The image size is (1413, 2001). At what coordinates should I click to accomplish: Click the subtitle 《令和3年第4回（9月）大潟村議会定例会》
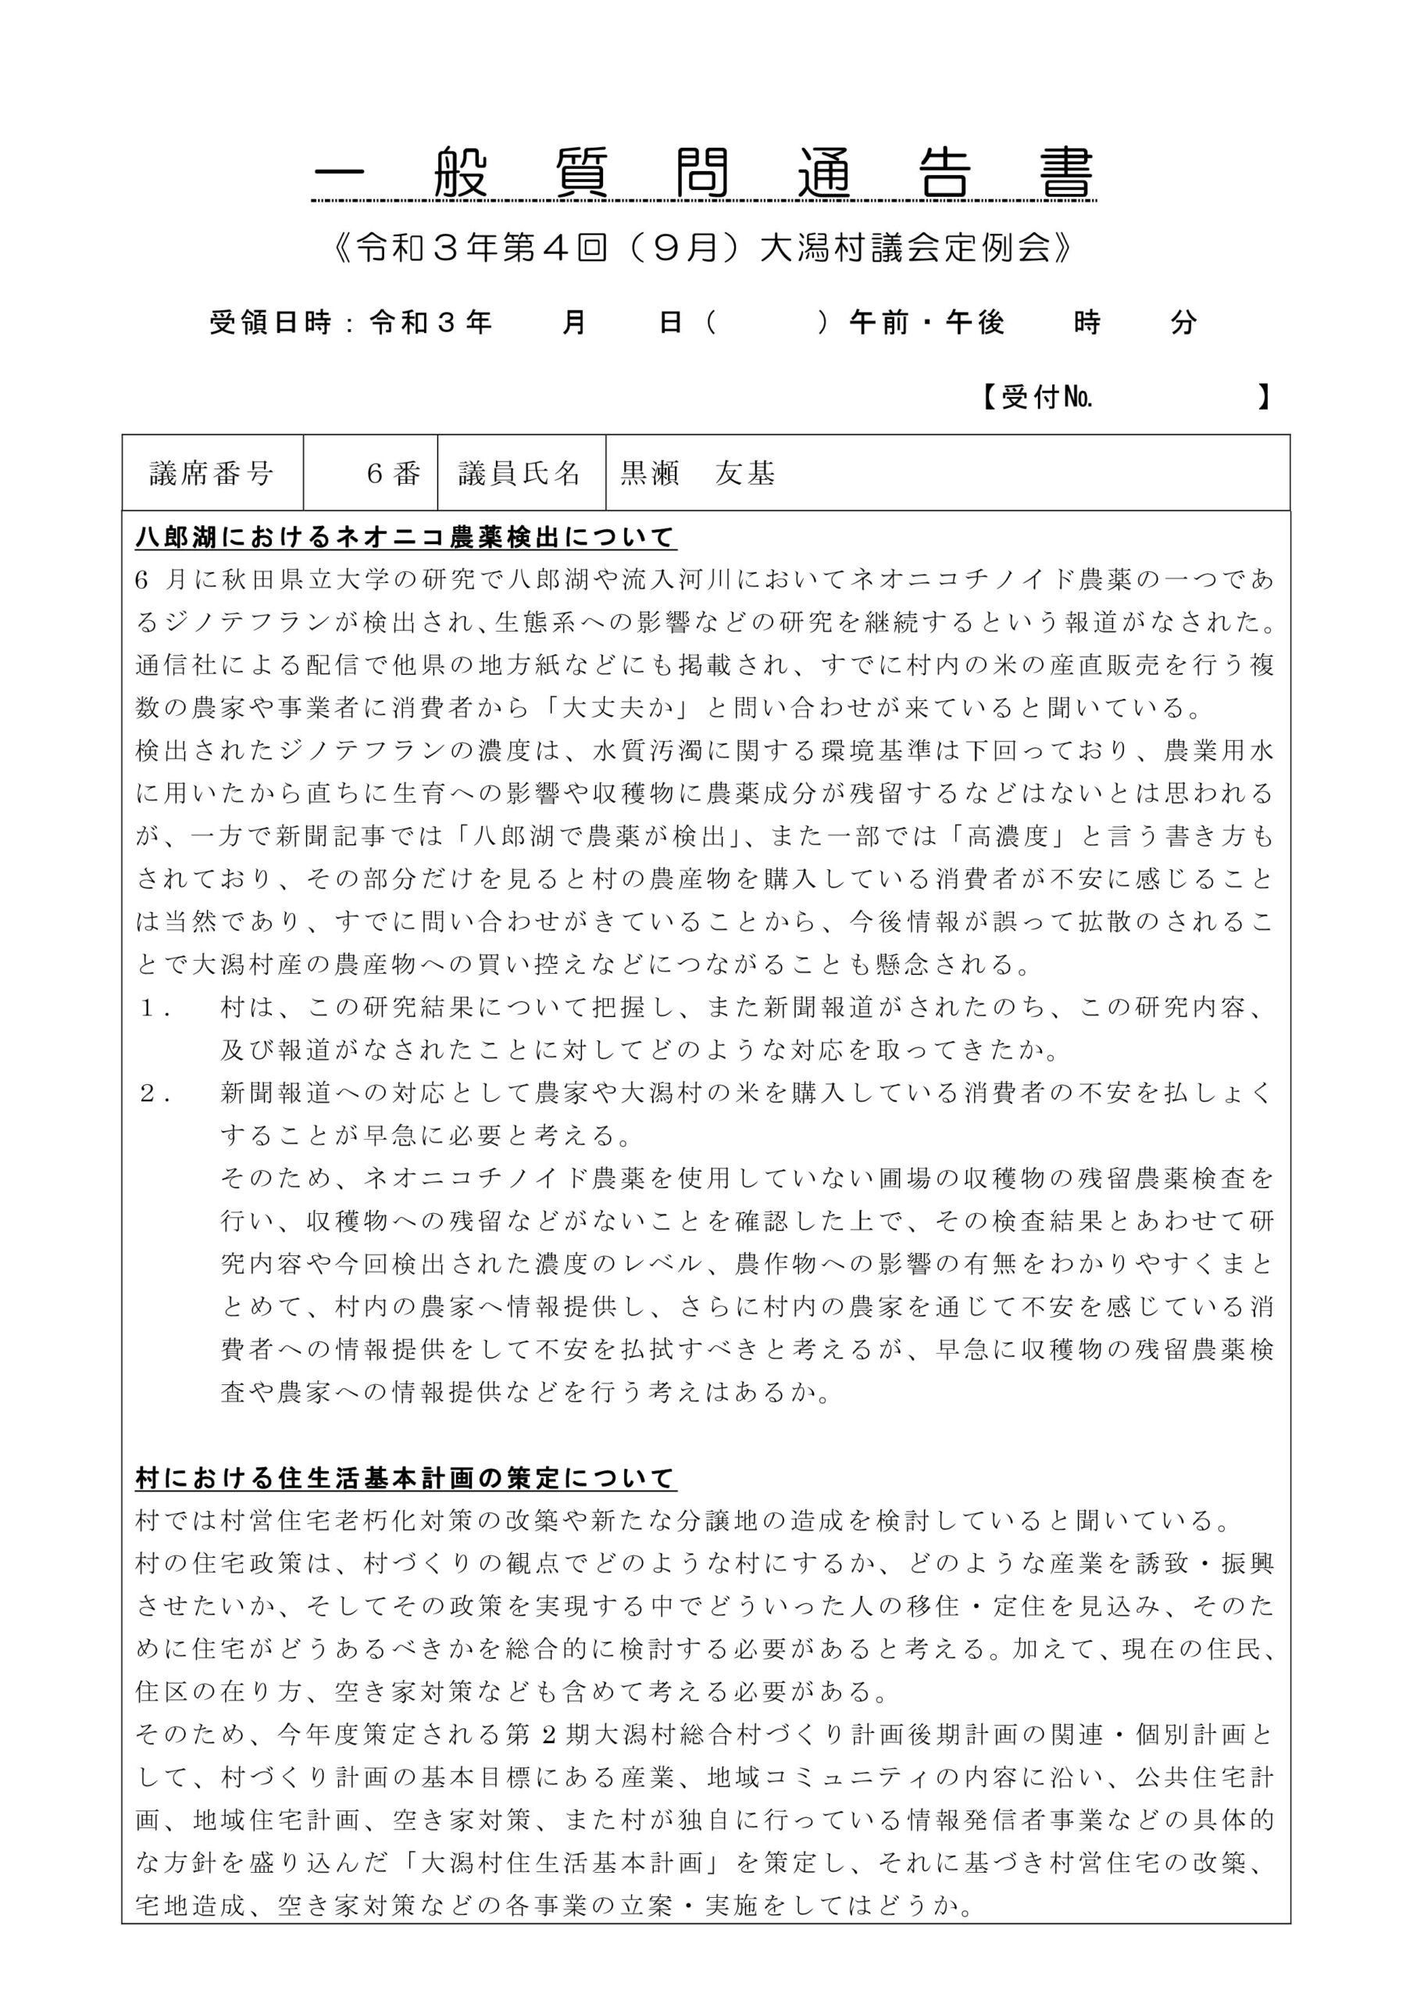pyautogui.click(x=704, y=249)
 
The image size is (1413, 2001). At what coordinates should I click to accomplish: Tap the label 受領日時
pyautogui.click(x=270, y=324)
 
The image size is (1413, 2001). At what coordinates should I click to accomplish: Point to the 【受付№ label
pyautogui.click(x=1037, y=399)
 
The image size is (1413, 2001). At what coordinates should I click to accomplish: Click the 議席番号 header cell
pyautogui.click(x=212, y=473)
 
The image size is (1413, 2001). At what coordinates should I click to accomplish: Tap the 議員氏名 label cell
pyautogui.click(x=520, y=473)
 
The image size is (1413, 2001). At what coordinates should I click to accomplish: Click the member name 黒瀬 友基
pyautogui.click(x=697, y=473)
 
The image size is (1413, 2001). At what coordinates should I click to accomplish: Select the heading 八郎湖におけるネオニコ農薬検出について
pyautogui.click(x=406, y=538)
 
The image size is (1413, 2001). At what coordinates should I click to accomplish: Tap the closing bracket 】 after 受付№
pyautogui.click(x=1263, y=399)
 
